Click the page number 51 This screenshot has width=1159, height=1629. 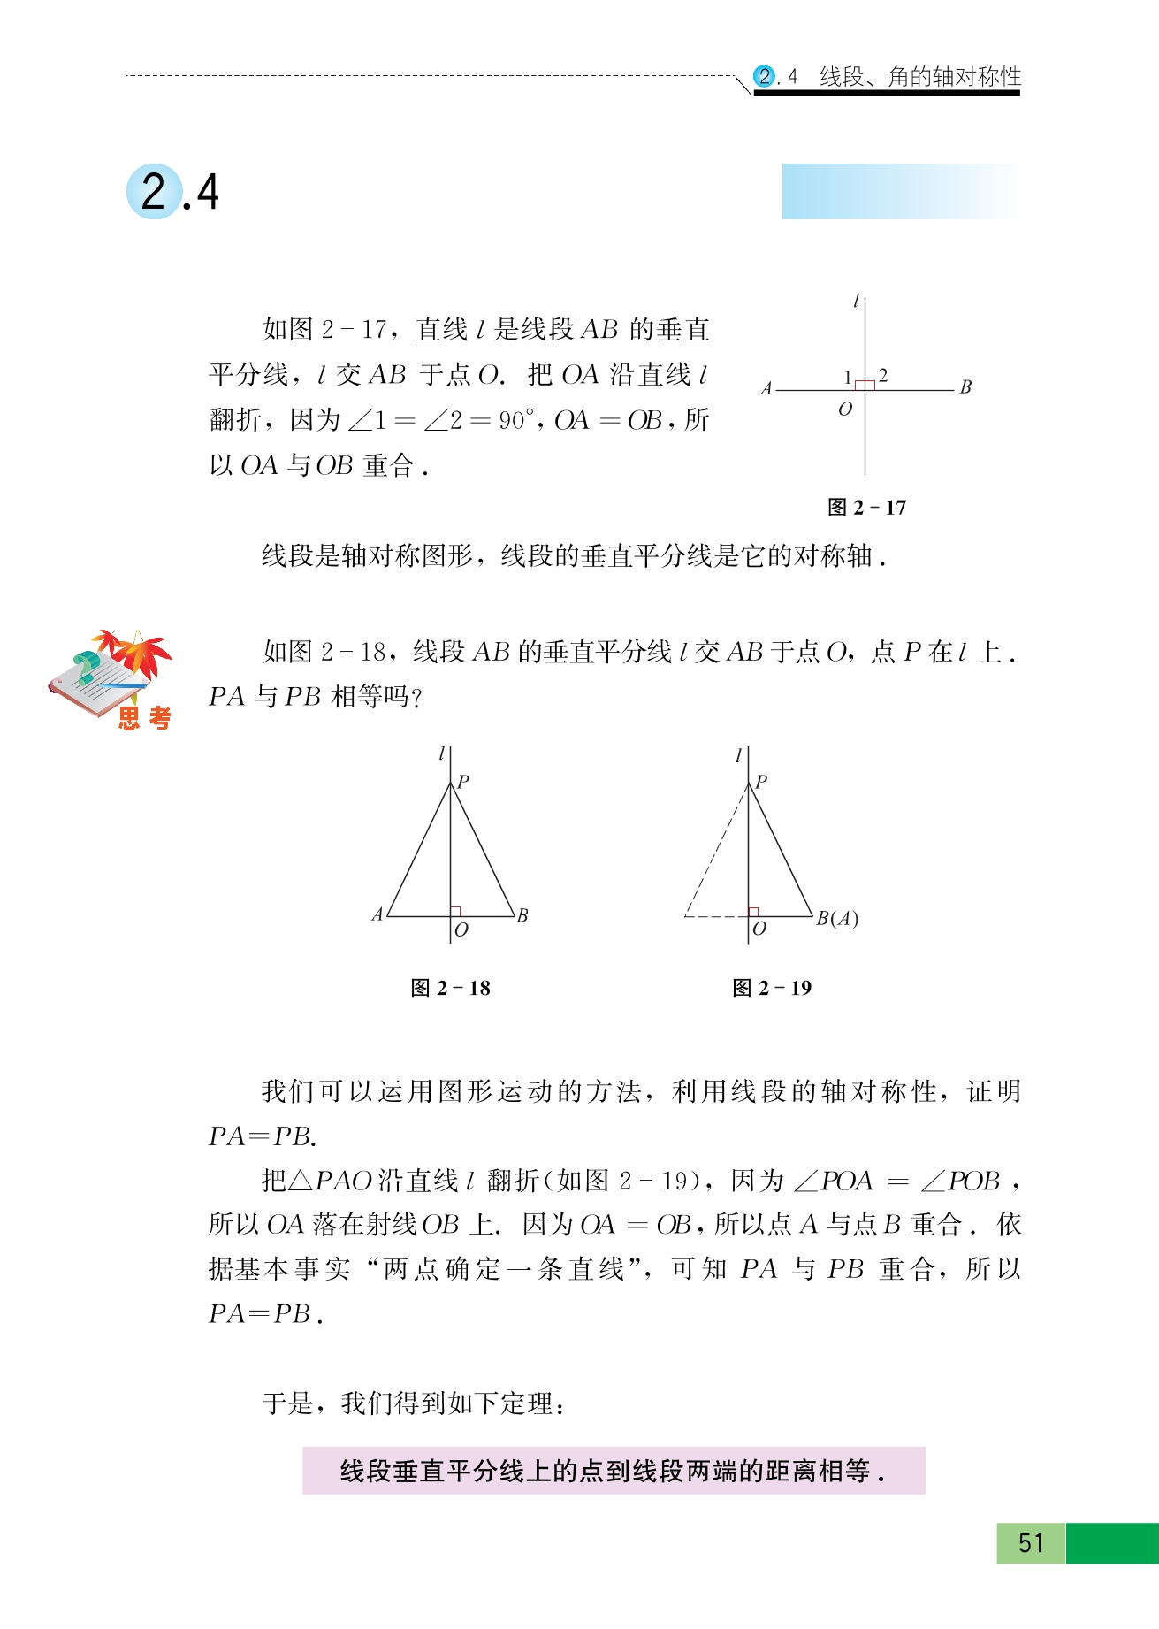click(1031, 1543)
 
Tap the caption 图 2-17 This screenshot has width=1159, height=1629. click(866, 508)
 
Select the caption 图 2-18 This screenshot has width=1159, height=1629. click(450, 988)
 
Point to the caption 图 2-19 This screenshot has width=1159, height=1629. click(772, 988)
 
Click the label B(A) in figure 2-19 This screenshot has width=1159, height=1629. click(836, 919)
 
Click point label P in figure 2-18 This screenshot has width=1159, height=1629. click(463, 781)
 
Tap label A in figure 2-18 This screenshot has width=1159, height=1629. click(377, 915)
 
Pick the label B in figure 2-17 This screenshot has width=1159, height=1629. click(965, 387)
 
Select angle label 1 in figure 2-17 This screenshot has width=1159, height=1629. click(847, 377)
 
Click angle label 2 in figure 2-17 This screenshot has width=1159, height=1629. click(882, 376)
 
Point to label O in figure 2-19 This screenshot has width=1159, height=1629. click(759, 929)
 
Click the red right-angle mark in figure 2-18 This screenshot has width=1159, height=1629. click(456, 911)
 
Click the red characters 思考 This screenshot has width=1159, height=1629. click(144, 718)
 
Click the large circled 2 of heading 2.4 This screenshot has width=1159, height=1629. click(154, 192)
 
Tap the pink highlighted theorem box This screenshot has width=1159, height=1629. click(614, 1471)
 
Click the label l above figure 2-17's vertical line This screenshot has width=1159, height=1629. click(855, 302)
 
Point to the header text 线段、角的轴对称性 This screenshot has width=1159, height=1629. click(919, 77)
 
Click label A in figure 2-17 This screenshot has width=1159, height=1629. click(766, 388)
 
